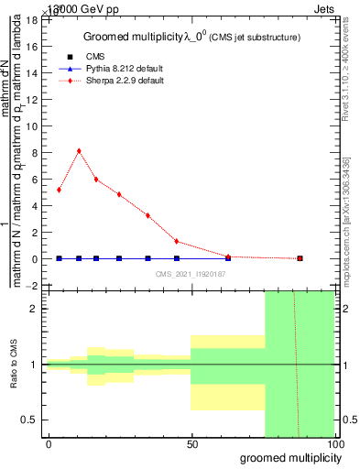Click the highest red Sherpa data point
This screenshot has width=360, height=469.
click(79, 150)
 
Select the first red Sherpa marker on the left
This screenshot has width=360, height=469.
click(59, 190)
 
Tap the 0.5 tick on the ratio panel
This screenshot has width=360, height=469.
click(29, 420)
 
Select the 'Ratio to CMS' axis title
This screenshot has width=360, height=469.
click(15, 364)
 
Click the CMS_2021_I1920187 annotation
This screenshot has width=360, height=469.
click(191, 273)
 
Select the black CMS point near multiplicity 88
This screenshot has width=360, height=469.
click(300, 258)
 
